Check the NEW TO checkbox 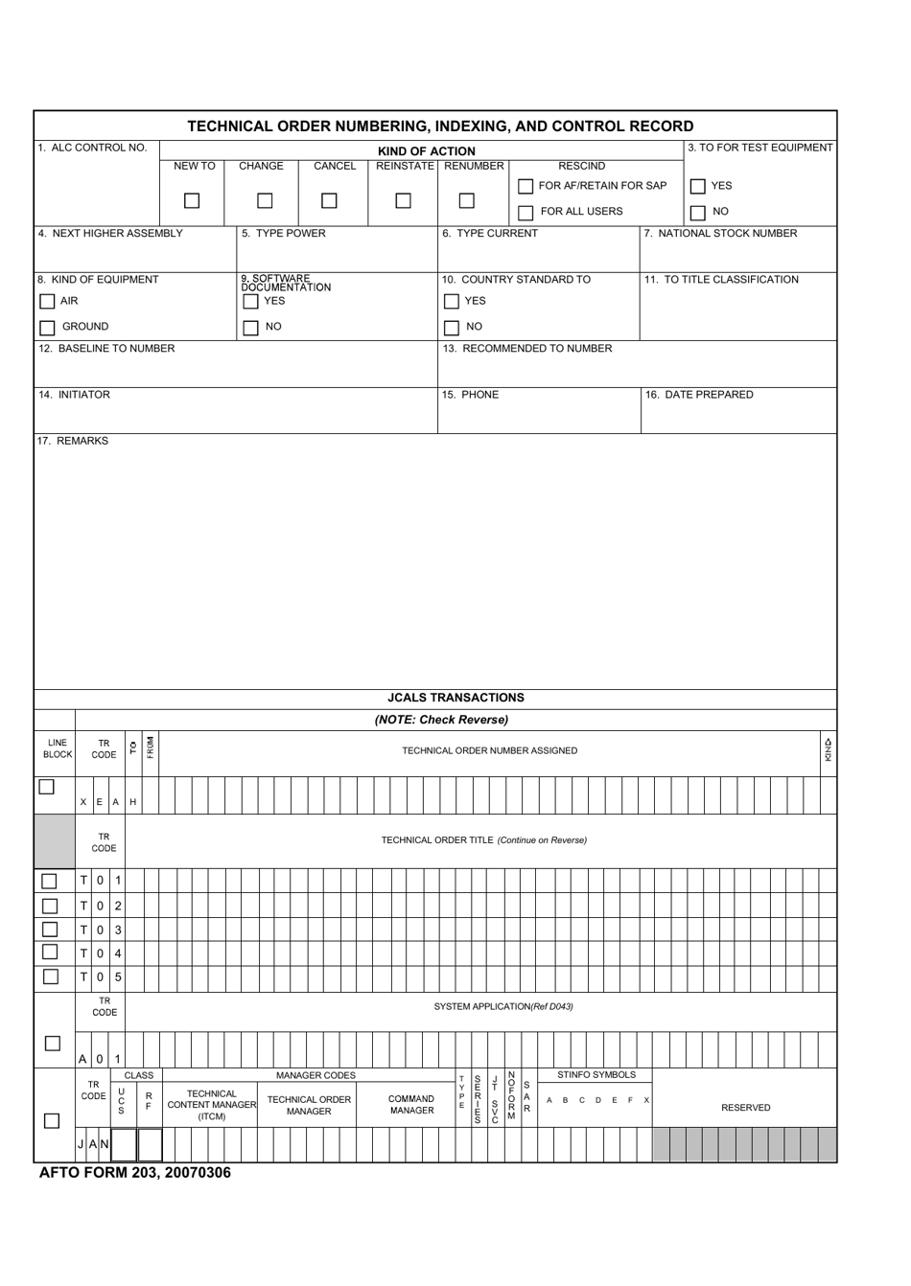pyautogui.click(x=192, y=201)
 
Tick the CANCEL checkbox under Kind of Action pyautogui.click(x=329, y=201)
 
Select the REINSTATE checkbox pyautogui.click(x=404, y=201)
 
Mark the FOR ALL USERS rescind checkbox pyautogui.click(x=526, y=213)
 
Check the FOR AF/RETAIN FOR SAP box pyautogui.click(x=526, y=186)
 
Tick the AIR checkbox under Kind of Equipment pyautogui.click(x=47, y=302)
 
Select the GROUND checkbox pyautogui.click(x=47, y=328)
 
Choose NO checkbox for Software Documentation pyautogui.click(x=250, y=328)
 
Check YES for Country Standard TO pyautogui.click(x=452, y=302)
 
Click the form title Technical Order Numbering pyautogui.click(x=440, y=126)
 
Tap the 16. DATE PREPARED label pyautogui.click(x=699, y=395)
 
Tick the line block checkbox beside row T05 pyautogui.click(x=50, y=976)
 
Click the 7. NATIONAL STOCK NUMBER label pyautogui.click(x=720, y=233)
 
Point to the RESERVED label pyautogui.click(x=745, y=1108)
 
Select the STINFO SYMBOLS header pyautogui.click(x=596, y=1075)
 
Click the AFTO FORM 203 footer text pyautogui.click(x=135, y=1173)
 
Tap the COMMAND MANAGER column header pyautogui.click(x=411, y=1105)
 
